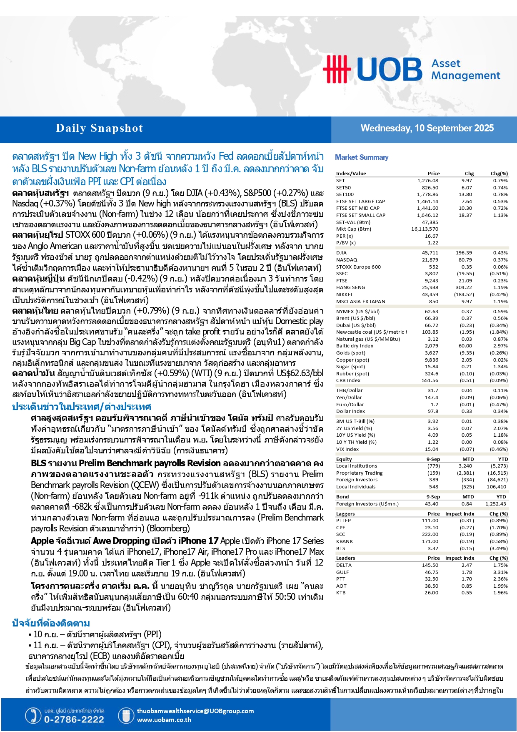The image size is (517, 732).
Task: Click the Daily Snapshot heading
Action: (99, 128)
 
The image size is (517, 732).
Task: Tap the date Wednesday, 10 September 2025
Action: (427, 128)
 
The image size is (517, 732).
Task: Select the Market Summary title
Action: (362, 157)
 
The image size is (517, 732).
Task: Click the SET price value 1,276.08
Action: (427, 181)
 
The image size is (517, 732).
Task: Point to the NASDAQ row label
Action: (346, 260)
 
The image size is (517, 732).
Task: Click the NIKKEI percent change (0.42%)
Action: (499, 294)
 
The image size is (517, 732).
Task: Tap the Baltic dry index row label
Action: (355, 346)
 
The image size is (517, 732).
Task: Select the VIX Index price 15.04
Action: (431, 449)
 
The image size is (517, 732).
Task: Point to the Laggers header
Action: (345, 514)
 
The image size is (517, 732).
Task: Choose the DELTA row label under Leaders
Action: (344, 565)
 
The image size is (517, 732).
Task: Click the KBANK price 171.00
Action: (430, 541)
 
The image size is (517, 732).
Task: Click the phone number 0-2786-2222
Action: (74, 719)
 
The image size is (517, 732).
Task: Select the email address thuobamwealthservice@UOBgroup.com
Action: (195, 711)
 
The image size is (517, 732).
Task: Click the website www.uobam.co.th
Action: (164, 720)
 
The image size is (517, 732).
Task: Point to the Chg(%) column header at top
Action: (499, 174)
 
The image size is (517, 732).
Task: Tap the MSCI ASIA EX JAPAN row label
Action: (360, 302)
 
